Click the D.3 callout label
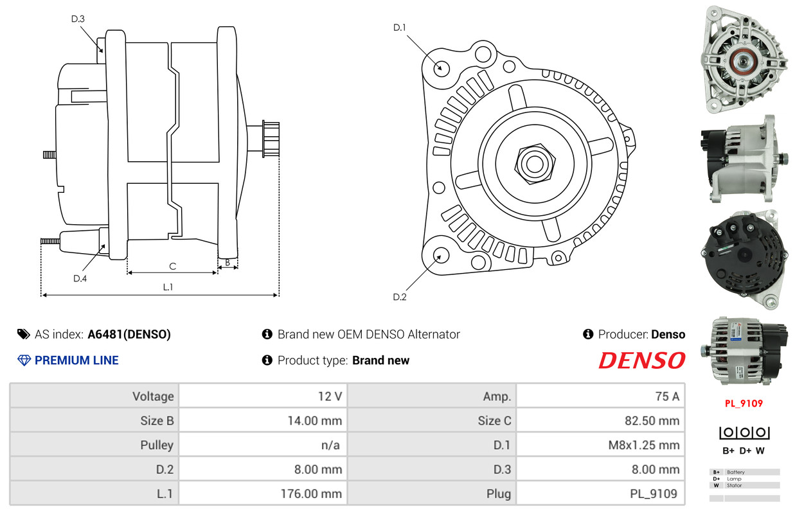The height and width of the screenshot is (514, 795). pyautogui.click(x=78, y=19)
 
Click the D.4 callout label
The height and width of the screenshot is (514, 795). pyautogui.click(x=80, y=278)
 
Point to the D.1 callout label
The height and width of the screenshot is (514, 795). pyautogui.click(x=399, y=28)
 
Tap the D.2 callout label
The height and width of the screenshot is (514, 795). pyautogui.click(x=400, y=297)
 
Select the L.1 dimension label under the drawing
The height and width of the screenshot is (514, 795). pyautogui.click(x=168, y=287)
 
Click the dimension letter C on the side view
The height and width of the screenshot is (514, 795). pyautogui.click(x=172, y=267)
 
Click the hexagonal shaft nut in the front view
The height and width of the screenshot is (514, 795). pyautogui.click(x=535, y=164)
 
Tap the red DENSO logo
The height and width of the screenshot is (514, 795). pyautogui.click(x=641, y=360)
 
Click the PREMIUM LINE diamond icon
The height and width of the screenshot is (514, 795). pyautogui.click(x=24, y=360)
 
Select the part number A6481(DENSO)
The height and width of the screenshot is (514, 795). pyautogui.click(x=129, y=335)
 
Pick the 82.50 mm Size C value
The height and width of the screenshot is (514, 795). pyautogui.click(x=652, y=421)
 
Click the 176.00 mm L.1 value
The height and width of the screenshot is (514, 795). pyautogui.click(x=311, y=494)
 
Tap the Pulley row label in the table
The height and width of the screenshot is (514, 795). pyautogui.click(x=157, y=445)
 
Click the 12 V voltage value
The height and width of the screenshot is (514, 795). pyautogui.click(x=330, y=396)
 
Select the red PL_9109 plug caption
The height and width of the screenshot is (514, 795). pyautogui.click(x=744, y=403)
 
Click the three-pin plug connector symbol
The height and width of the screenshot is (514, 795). pyautogui.click(x=744, y=432)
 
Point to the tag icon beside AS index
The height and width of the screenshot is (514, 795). pyautogui.click(x=24, y=334)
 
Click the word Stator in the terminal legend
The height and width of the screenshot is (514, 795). pyautogui.click(x=734, y=485)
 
